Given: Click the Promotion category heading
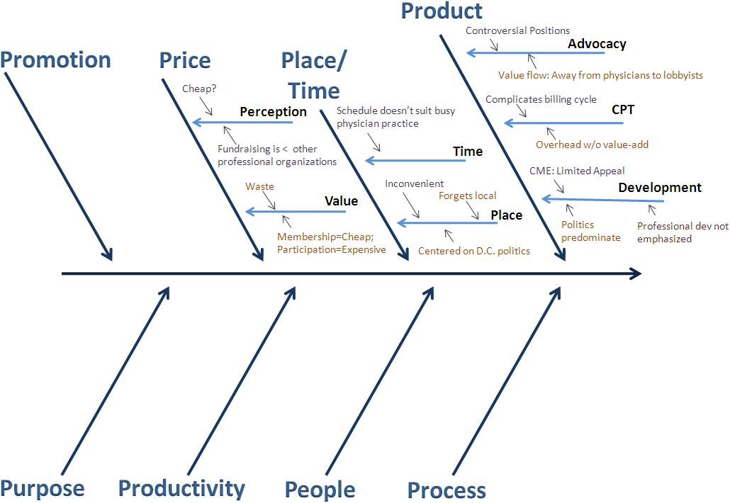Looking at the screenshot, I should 56,60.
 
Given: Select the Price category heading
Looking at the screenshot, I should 185,60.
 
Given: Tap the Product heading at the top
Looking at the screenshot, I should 442,11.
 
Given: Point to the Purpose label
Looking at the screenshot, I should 43,488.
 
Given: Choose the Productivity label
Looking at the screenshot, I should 181,488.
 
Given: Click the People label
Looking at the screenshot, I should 320,490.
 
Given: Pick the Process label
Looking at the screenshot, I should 447,490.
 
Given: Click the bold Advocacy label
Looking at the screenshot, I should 597,44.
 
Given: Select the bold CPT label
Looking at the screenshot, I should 623,110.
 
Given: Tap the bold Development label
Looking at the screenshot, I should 660,188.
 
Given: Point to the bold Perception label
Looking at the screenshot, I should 273,112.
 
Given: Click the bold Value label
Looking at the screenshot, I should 341,201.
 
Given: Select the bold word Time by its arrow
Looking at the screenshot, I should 468,152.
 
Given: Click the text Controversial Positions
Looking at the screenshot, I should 517,30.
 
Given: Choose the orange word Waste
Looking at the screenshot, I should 259,186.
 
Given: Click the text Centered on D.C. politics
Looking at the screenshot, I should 473,251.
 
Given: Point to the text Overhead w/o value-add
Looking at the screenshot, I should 592,145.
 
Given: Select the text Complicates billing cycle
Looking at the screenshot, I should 541,99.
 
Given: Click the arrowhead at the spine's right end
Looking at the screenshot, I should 636,273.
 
